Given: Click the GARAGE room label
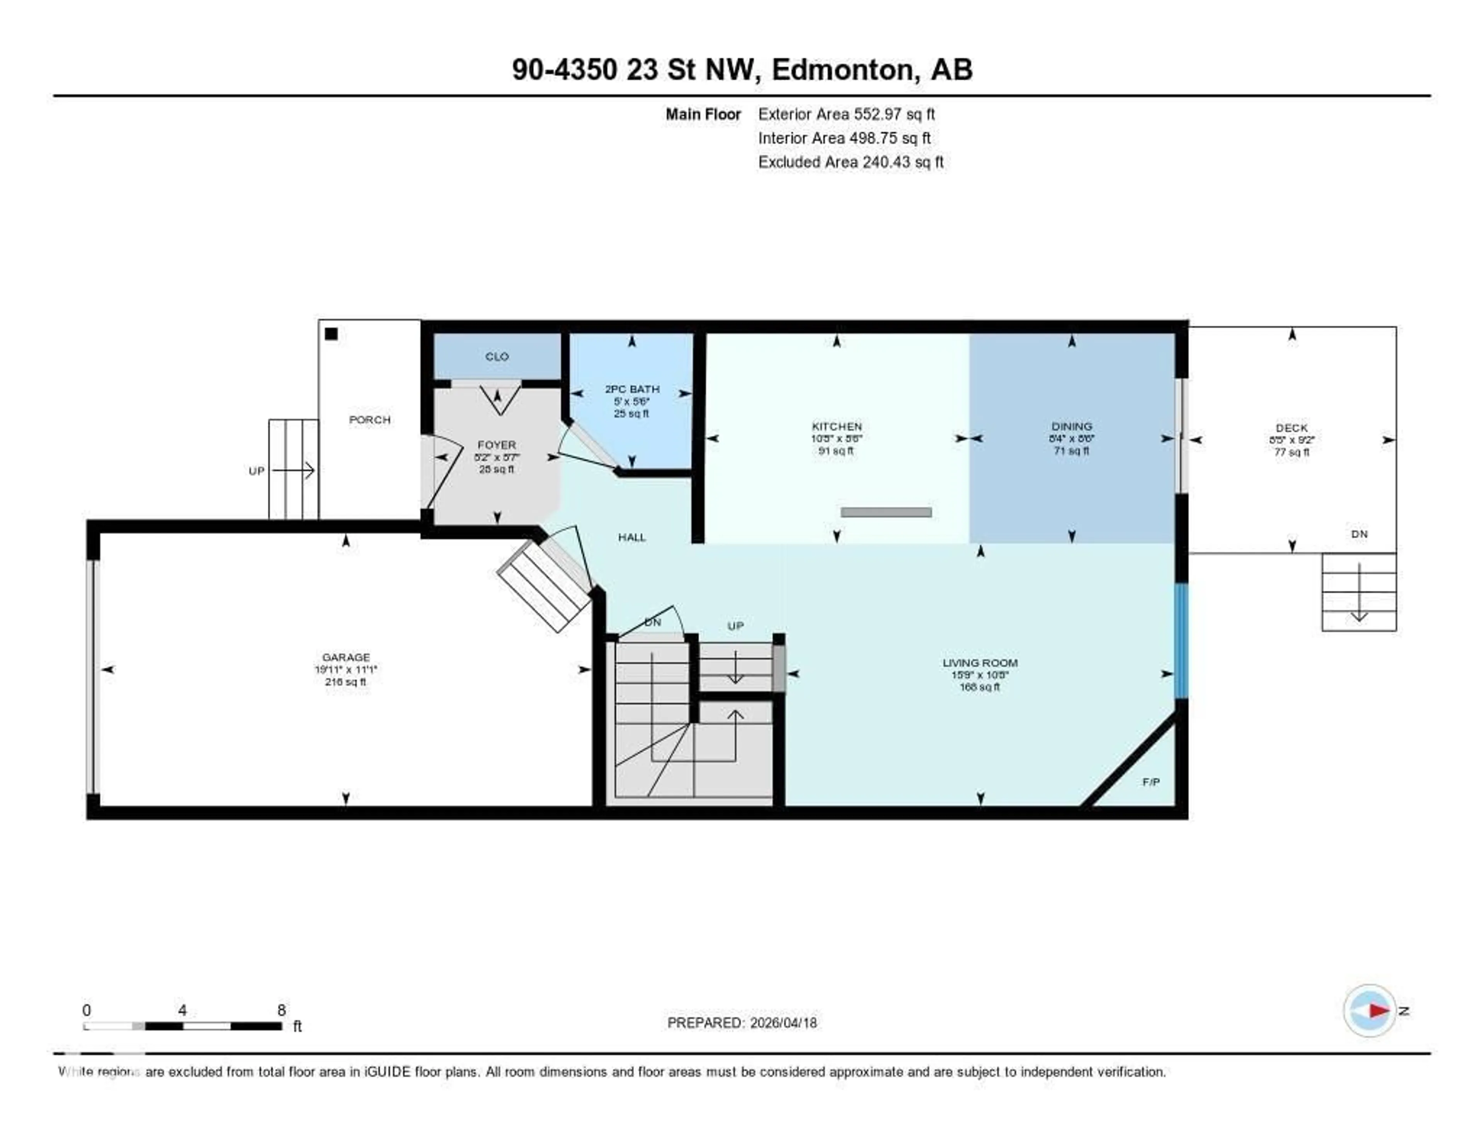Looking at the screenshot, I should pos(346,657).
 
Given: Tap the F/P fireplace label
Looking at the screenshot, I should pos(1150,782).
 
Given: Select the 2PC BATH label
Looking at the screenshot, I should pos(632,389).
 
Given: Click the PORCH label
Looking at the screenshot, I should pos(369,420).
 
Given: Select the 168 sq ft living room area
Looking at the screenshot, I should pos(979,687).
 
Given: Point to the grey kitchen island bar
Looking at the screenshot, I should pos(885,512).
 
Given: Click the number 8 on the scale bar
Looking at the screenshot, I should pos(281,1010).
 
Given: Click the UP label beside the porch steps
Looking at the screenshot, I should pos(256,471).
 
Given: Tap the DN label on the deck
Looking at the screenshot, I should pos(1359,534).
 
